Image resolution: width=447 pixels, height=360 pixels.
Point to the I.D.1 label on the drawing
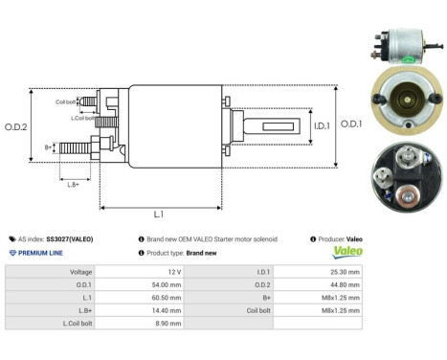(296, 124)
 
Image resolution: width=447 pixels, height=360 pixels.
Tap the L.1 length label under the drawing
(158, 215)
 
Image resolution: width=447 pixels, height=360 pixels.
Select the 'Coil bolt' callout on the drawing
(66, 101)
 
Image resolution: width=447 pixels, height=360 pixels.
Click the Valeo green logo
(347, 253)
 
